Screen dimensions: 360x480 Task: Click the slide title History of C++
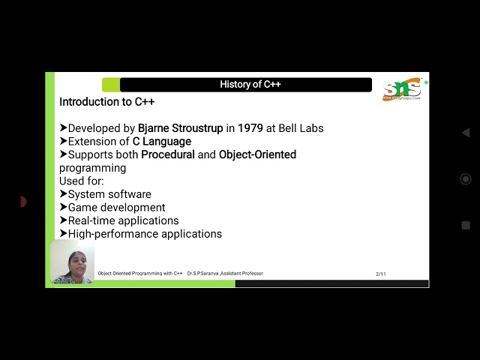250,85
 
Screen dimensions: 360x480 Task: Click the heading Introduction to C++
107,101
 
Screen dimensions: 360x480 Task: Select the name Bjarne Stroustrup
180,128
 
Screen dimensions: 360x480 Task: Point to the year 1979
250,128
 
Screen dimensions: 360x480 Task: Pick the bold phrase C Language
157,141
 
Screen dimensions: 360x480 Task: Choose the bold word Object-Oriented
257,154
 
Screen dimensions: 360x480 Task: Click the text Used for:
82,181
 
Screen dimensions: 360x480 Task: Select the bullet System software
109,194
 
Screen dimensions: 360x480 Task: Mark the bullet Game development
116,208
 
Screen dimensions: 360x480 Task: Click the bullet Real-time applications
123,220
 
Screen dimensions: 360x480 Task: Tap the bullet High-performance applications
145,234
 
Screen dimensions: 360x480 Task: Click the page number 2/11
381,274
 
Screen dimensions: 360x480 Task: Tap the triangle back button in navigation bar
465,133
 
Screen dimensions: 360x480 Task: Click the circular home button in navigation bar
465,179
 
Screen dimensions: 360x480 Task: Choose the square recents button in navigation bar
466,225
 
